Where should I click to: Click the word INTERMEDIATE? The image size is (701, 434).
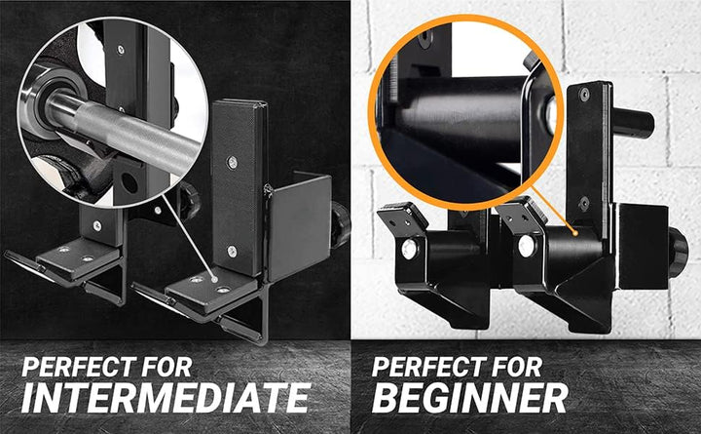coord(166,398)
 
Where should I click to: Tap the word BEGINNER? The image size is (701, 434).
coord(469,398)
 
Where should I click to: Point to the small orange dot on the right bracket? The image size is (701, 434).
coord(576,233)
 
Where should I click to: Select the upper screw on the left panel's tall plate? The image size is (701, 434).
coord(232,162)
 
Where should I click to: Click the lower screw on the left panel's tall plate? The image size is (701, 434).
coord(231,252)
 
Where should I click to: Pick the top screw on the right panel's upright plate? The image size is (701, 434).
coord(584,94)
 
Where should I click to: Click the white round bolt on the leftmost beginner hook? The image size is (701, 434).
coord(408,249)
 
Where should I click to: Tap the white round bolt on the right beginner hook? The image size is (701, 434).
coord(526,247)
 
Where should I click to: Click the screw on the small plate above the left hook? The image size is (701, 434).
coord(97,225)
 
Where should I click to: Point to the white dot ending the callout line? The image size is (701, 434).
coord(214,280)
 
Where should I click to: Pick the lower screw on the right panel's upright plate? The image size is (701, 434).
coord(584,204)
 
